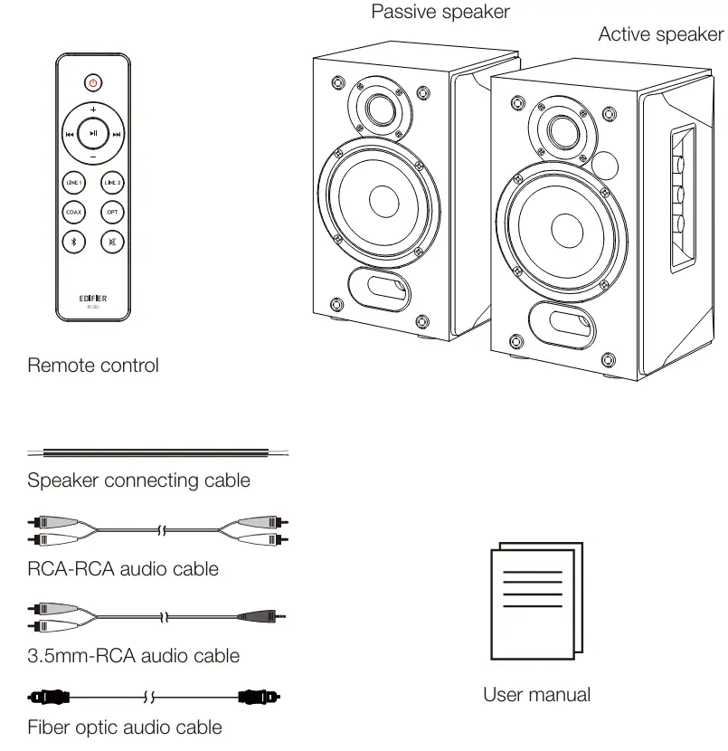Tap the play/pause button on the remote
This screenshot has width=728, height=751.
click(x=93, y=134)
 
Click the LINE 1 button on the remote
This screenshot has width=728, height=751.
click(x=74, y=182)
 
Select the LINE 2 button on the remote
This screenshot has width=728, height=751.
click(x=112, y=182)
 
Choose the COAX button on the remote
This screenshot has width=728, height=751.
click(x=74, y=212)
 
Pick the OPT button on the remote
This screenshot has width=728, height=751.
click(x=112, y=212)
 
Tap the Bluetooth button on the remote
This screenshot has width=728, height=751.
click(x=74, y=242)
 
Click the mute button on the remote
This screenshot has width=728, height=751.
click(x=112, y=242)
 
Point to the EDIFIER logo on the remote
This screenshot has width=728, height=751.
click(x=93, y=296)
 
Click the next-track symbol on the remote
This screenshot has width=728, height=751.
click(x=117, y=135)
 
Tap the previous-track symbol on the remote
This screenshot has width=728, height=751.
click(x=70, y=135)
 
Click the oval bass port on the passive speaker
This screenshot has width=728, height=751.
click(x=378, y=290)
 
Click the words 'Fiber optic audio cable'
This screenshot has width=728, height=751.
click(x=125, y=727)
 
